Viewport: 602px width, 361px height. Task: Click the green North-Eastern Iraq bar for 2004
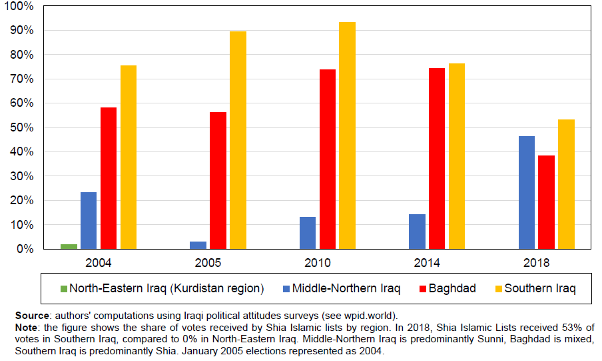(x=69, y=246)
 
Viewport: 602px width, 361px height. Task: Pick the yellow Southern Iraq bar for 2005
(x=238, y=140)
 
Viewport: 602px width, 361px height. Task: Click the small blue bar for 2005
(x=198, y=245)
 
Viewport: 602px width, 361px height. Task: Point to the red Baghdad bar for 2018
(x=547, y=202)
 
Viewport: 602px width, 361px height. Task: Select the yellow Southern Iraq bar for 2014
(x=457, y=156)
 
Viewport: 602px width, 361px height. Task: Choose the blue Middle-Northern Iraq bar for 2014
(x=418, y=231)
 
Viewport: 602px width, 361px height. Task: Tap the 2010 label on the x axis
(x=318, y=262)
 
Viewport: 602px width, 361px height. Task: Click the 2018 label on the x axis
(x=537, y=262)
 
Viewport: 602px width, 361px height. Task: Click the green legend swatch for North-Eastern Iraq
(x=64, y=289)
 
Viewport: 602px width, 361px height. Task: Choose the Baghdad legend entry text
(x=452, y=289)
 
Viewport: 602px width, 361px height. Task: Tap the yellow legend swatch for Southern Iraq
(x=498, y=289)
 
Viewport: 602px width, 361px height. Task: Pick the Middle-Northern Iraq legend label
(x=346, y=289)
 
